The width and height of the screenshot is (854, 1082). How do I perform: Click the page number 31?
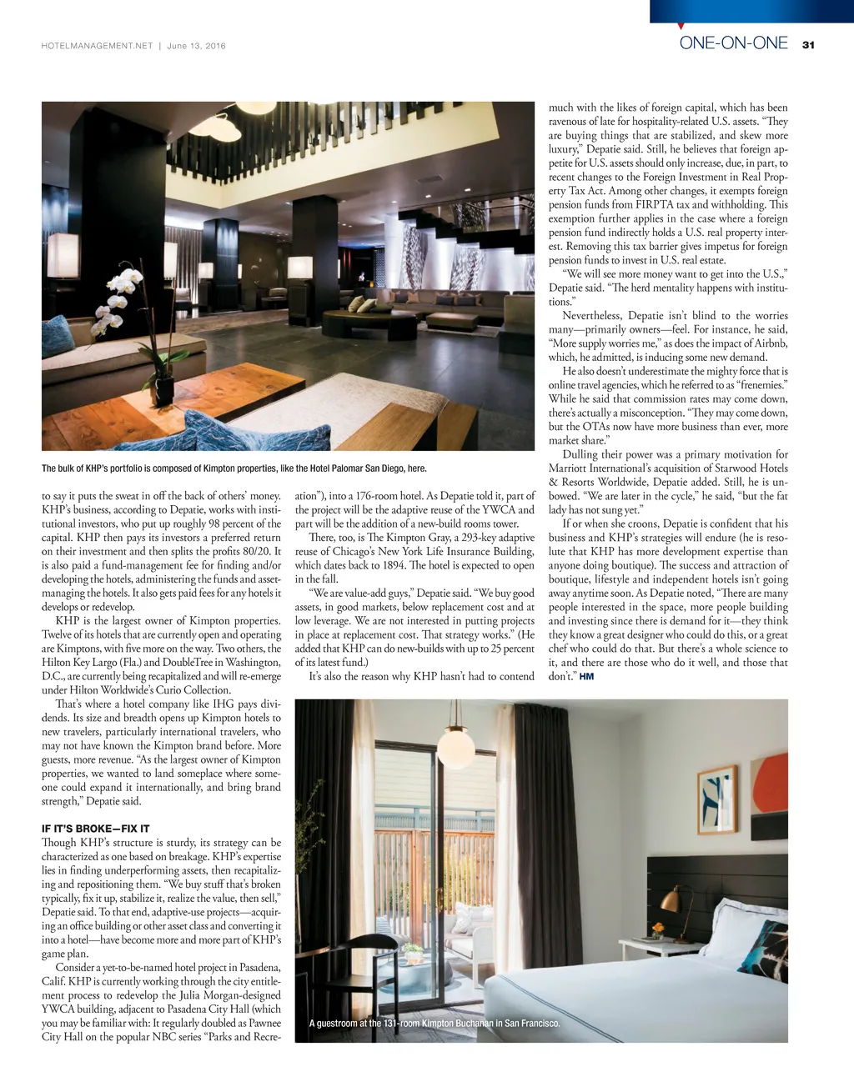click(807, 45)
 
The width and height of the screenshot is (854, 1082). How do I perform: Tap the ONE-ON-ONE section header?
click(733, 43)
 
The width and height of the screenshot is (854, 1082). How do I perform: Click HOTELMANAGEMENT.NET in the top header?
click(97, 46)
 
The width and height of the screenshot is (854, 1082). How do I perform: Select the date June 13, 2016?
click(196, 46)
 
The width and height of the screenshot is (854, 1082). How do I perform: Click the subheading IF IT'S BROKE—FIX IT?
click(95, 829)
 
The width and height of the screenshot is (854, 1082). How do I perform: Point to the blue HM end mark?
click(586, 676)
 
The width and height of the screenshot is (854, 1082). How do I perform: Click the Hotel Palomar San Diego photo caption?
click(234, 468)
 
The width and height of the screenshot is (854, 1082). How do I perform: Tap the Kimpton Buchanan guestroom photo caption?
click(434, 1023)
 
